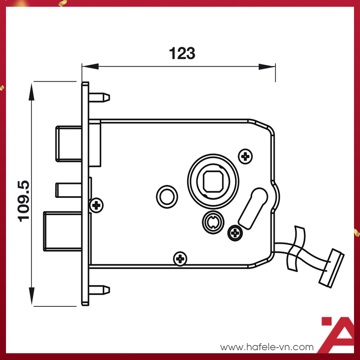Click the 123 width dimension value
(x=182, y=54)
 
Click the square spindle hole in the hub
(x=213, y=181)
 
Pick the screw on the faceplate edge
(x=97, y=205)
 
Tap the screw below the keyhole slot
(x=235, y=233)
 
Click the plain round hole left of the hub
(x=166, y=196)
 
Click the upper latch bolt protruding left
(x=69, y=144)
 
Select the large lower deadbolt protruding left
(x=62, y=231)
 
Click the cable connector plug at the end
(x=331, y=268)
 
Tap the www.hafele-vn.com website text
(x=267, y=347)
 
